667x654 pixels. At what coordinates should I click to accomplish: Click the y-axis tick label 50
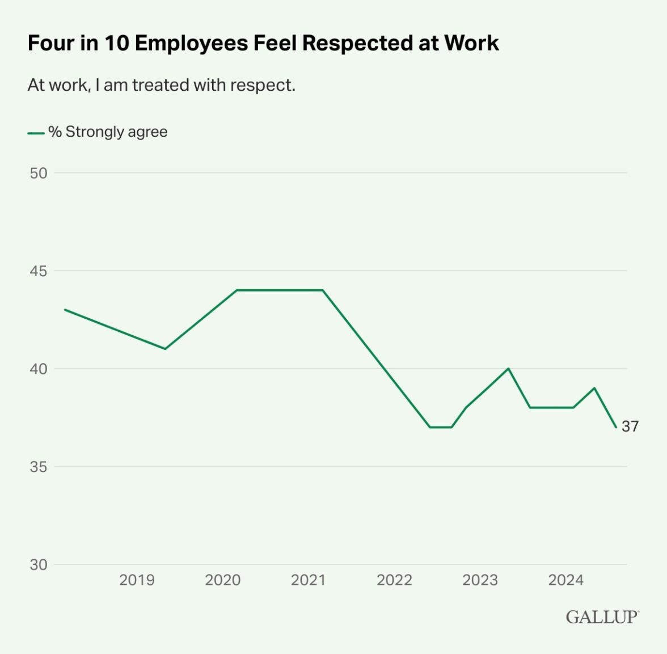click(39, 173)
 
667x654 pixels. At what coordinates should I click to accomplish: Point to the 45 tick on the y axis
click(39, 271)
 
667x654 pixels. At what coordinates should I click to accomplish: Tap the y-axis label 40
click(39, 369)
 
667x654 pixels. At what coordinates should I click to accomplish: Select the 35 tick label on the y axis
click(39, 467)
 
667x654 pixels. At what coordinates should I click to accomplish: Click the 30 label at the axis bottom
click(39, 565)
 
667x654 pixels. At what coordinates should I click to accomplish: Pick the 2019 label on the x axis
click(137, 580)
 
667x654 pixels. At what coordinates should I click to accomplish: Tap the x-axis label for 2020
click(222, 580)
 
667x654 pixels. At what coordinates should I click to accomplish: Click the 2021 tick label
click(308, 580)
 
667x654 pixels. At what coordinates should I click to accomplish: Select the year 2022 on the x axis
click(394, 580)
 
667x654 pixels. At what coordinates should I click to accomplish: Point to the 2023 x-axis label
click(480, 580)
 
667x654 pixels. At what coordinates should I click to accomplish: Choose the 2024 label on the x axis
click(565, 580)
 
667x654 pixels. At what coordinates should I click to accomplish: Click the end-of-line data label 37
click(630, 427)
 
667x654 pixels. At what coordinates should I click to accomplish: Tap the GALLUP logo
click(602, 617)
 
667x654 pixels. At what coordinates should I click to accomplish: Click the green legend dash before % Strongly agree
click(36, 133)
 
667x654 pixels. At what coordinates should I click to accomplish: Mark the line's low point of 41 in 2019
click(165, 349)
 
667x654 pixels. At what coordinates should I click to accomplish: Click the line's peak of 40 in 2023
click(508, 368)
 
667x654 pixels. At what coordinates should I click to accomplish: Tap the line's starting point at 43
click(65, 310)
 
